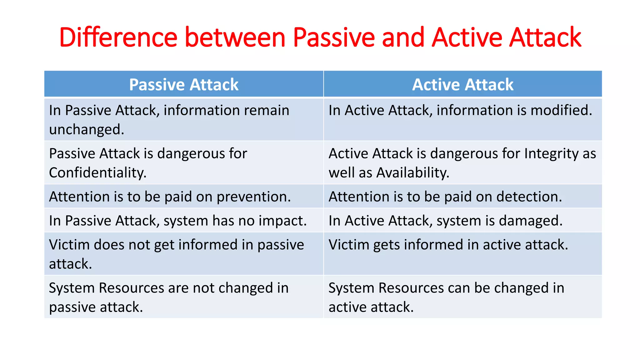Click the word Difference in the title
point(118,37)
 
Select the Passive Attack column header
point(184,84)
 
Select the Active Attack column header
point(462,84)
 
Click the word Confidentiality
point(97,173)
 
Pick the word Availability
point(412,173)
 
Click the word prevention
point(253,197)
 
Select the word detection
point(528,197)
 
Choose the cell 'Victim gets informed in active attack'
point(448,245)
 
